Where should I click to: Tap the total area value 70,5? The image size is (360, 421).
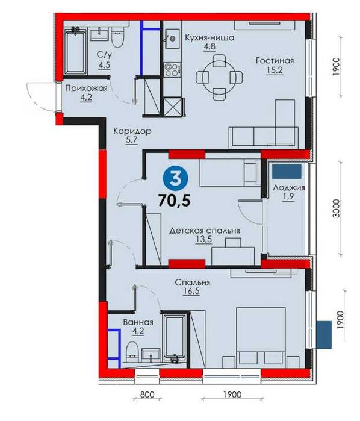pyautogui.click(x=175, y=200)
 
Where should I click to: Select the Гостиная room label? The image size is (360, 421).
pyautogui.click(x=275, y=61)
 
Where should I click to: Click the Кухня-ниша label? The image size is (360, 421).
pyautogui.click(x=209, y=38)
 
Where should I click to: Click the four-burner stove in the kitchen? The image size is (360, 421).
pyautogui.click(x=172, y=70)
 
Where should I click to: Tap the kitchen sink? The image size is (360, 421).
pyautogui.click(x=172, y=39)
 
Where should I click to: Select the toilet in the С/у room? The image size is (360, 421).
pyautogui.click(x=117, y=37)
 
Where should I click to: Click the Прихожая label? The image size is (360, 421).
pyautogui.click(x=86, y=89)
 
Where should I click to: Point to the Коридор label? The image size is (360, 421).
pyautogui.click(x=132, y=131)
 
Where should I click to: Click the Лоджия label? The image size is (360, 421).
pyautogui.click(x=289, y=188)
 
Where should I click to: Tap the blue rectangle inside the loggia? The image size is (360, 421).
pyautogui.click(x=287, y=172)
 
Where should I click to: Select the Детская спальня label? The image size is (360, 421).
pyautogui.click(x=204, y=231)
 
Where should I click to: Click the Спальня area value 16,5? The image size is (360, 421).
pyautogui.click(x=191, y=292)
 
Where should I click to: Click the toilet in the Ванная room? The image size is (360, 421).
pyautogui.click(x=132, y=350)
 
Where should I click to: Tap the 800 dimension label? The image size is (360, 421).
pyautogui.click(x=147, y=394)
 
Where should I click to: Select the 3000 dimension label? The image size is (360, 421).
pyautogui.click(x=336, y=208)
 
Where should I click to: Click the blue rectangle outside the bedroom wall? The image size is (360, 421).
pyautogui.click(x=324, y=335)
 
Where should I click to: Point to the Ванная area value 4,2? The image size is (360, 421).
pyautogui.click(x=138, y=331)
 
